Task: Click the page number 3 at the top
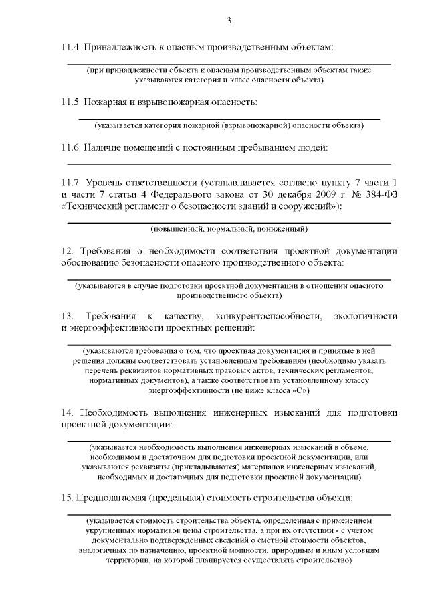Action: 229,21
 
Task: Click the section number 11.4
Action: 70,48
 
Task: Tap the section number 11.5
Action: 70,102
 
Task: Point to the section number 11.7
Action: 70,182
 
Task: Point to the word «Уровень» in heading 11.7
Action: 107,182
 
